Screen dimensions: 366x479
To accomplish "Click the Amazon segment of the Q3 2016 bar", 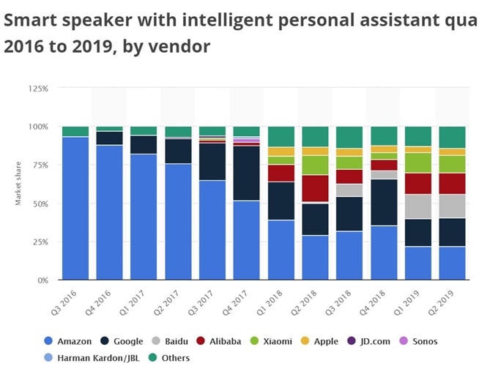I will pos(75,208).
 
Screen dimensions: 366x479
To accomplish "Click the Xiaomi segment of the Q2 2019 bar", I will pos(452,164).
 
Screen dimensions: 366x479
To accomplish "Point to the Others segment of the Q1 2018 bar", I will pos(281,137).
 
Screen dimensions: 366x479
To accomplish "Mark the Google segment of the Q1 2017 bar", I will pos(144,144).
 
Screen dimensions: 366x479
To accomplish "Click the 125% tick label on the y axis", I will pos(38,89).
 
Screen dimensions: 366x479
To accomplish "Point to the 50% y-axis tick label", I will pos(40,203).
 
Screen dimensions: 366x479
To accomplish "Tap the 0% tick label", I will pos(43,280).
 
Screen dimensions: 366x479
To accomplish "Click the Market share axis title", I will pos(17,184).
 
